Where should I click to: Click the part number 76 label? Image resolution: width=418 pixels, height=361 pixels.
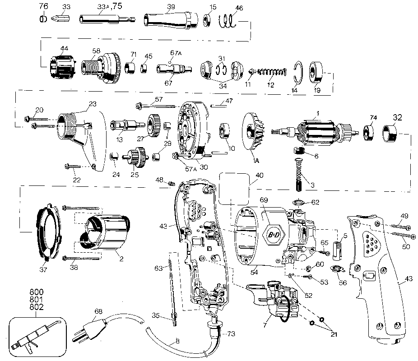pos(43,6)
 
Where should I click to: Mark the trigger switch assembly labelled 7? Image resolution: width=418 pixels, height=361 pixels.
pos(274,302)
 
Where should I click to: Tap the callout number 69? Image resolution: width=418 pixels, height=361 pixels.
pos(265,200)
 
